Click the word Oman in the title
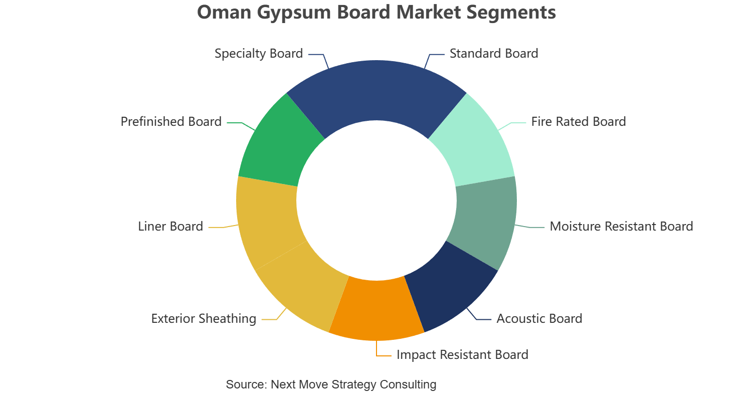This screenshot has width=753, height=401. coord(224,12)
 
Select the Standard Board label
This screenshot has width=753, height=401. coord(494,54)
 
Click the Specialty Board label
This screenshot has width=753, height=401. coord(259,54)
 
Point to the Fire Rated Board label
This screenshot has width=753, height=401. coord(578,122)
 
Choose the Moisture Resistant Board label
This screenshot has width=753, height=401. coord(621,226)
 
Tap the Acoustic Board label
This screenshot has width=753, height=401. coord(539,319)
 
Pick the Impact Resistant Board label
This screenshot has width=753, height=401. coord(462,355)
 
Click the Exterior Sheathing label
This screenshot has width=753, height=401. coord(204,319)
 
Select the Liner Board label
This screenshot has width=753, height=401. coord(170,226)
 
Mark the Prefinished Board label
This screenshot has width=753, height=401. coord(171,122)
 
